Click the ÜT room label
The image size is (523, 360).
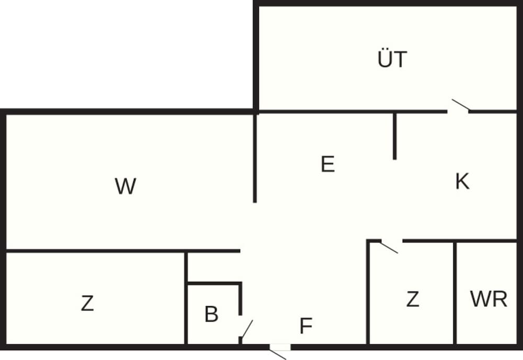pyautogui.click(x=392, y=59)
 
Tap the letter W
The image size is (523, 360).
pyautogui.click(x=126, y=186)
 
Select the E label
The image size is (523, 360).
pyautogui.click(x=327, y=165)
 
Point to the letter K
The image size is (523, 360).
pyautogui.click(x=462, y=182)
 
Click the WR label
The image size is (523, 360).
pyautogui.click(x=488, y=300)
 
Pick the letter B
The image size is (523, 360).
pyautogui.click(x=211, y=314)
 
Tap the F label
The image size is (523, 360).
pyautogui.click(x=306, y=326)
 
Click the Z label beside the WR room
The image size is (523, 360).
pyautogui.click(x=413, y=300)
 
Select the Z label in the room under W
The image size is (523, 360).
pyautogui.click(x=87, y=303)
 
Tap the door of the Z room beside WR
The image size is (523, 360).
pyautogui.click(x=389, y=246)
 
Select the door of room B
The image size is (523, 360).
pyautogui.click(x=246, y=329)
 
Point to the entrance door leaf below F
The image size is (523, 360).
pyautogui.click(x=278, y=354)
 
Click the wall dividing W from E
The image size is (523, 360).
pyautogui.click(x=255, y=157)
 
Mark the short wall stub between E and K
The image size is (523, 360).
pyautogui.click(x=395, y=136)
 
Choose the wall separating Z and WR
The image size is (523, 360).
pyautogui.click(x=455, y=293)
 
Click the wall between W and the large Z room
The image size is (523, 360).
pyautogui.click(x=120, y=251)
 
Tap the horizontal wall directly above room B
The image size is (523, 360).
pyautogui.click(x=214, y=284)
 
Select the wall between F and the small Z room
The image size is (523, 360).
pyautogui.click(x=369, y=293)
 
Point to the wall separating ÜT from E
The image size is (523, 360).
pyautogui.click(x=324, y=111)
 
